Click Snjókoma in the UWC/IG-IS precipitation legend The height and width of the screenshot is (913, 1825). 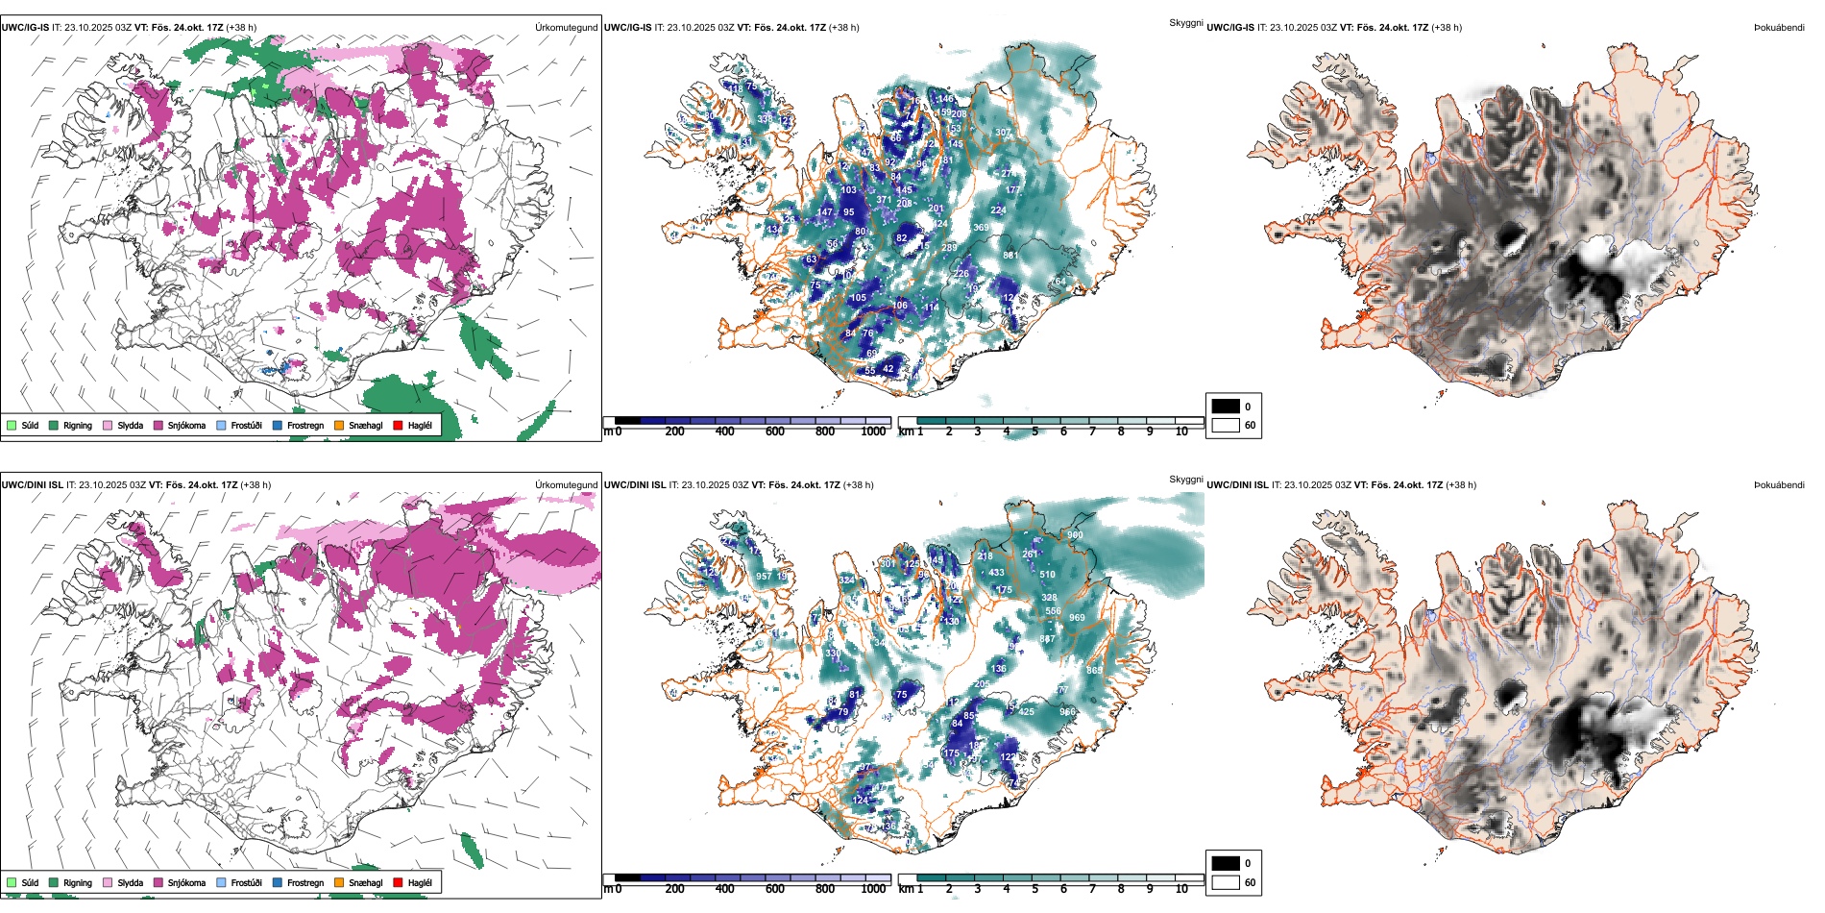[186, 425]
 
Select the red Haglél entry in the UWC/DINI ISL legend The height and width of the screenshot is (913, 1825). [420, 882]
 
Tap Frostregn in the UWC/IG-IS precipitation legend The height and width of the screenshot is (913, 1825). [304, 425]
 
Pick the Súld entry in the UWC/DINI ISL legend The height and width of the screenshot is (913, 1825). [30, 882]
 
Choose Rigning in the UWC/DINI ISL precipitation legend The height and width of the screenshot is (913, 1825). [77, 882]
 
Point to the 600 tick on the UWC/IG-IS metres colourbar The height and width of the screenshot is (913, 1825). [775, 432]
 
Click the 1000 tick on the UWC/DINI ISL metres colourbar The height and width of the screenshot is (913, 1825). [873, 889]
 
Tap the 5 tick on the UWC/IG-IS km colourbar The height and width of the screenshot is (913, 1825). [1034, 432]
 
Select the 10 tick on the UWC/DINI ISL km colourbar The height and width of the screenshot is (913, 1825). [1181, 889]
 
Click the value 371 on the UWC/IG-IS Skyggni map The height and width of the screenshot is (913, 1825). [884, 201]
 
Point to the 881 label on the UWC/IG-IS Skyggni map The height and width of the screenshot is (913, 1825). [1010, 256]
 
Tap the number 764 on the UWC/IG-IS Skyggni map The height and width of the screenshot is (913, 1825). [1058, 282]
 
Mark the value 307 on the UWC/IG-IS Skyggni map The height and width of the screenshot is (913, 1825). [1003, 133]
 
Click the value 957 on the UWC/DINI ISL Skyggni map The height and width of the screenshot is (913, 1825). [764, 577]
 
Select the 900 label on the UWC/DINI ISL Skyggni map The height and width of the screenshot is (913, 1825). [1075, 535]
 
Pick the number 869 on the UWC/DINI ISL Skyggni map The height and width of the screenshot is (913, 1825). [1094, 670]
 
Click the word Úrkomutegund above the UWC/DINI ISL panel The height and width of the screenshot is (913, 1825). [566, 485]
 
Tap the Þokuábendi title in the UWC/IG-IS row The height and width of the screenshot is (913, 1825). [1779, 28]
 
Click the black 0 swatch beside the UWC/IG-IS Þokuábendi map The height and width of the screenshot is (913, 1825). [1226, 407]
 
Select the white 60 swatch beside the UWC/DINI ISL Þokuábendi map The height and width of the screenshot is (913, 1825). [1226, 882]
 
